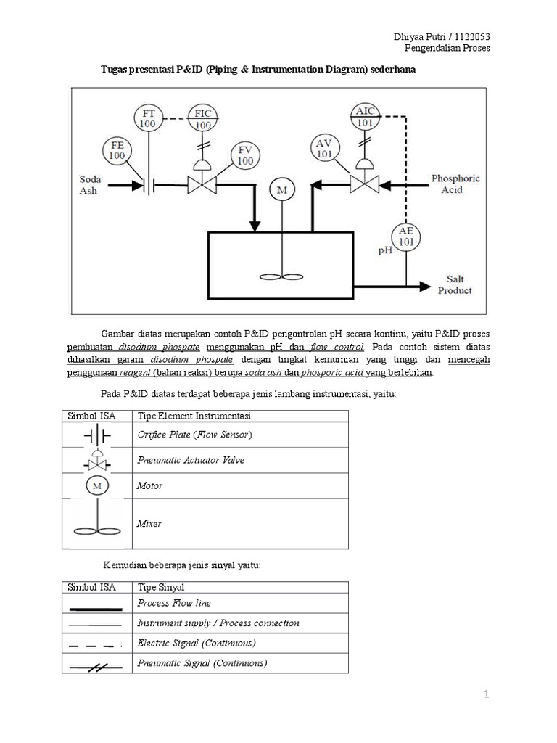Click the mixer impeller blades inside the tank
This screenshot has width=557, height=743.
282,276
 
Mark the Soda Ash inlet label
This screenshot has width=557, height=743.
89,185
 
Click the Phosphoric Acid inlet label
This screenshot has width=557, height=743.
455,184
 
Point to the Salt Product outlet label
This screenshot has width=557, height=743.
455,284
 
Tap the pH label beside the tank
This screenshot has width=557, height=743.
385,250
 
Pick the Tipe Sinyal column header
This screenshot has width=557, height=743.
161,587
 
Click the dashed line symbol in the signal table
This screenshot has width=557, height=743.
95,645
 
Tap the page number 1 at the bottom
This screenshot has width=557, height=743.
487,694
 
